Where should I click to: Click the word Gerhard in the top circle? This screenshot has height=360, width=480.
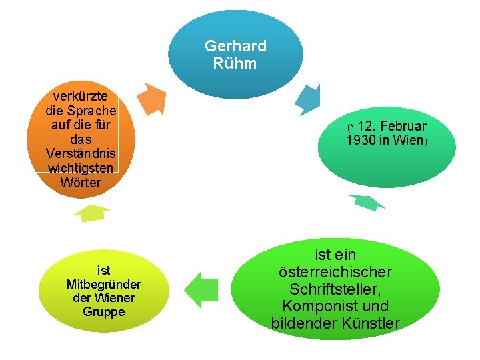point(235,46)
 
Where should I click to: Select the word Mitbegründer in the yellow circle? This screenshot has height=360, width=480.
point(103,285)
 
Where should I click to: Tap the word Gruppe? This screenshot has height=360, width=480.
point(103,311)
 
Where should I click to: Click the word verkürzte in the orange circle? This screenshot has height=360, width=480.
point(81,95)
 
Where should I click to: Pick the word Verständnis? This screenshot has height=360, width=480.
point(81,153)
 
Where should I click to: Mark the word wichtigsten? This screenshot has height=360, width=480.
point(81,168)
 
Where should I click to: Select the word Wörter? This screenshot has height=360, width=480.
point(81,182)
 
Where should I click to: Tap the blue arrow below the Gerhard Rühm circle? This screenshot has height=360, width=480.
point(308,101)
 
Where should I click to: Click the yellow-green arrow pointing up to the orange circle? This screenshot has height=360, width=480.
point(91,213)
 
